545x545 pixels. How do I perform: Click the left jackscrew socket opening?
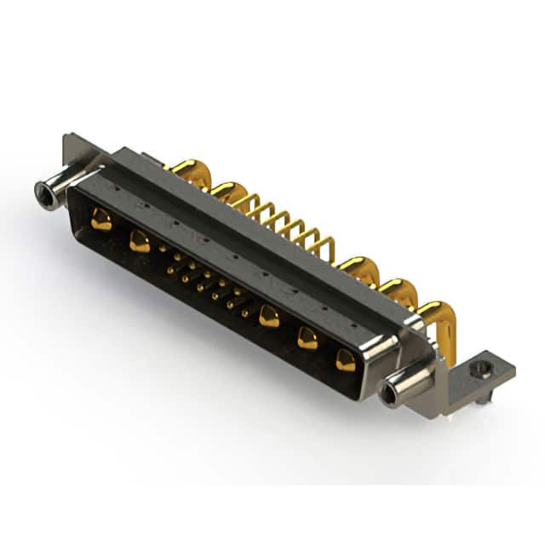[43, 195]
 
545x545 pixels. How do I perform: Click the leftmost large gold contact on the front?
[101, 221]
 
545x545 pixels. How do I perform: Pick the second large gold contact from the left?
[140, 243]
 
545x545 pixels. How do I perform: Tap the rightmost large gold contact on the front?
[345, 360]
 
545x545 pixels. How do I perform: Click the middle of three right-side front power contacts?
[307, 338]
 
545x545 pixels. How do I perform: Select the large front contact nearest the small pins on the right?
[269, 316]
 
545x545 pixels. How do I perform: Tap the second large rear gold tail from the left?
[227, 192]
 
